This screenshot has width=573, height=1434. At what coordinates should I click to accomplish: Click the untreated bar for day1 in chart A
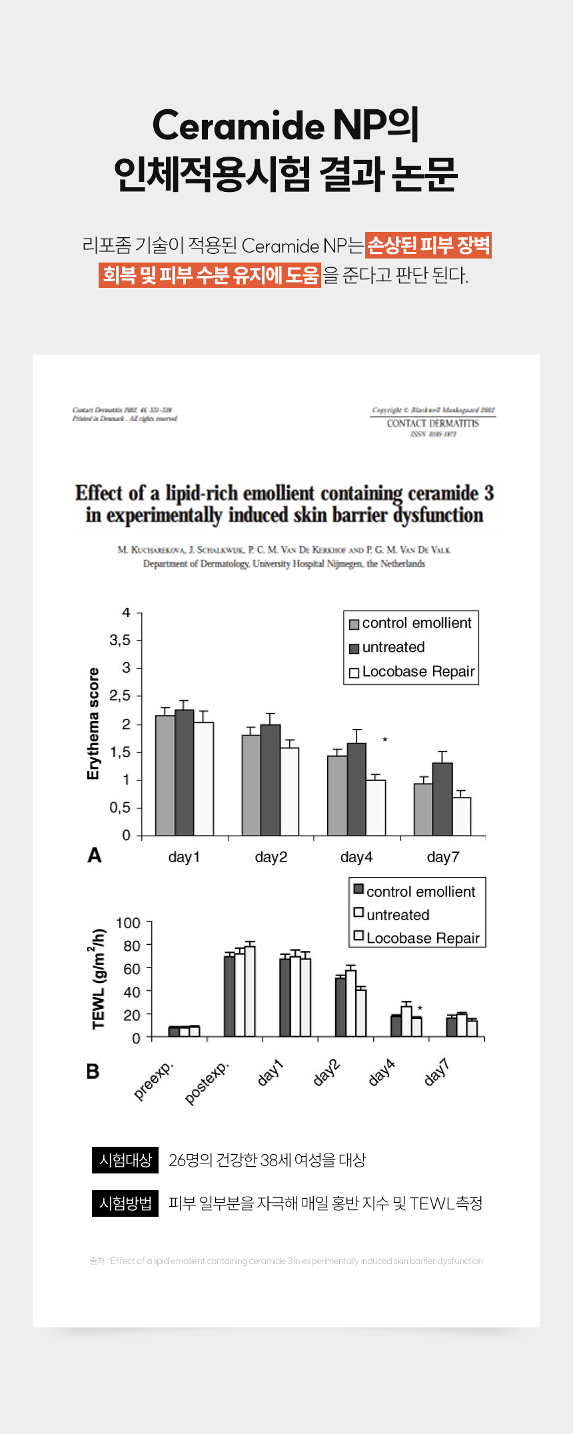click(x=185, y=773)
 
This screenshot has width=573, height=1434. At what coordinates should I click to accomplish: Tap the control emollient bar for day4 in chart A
click(x=337, y=796)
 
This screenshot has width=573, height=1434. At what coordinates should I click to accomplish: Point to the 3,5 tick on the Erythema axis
click(x=121, y=640)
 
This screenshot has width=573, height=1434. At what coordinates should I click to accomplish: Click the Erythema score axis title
click(x=93, y=724)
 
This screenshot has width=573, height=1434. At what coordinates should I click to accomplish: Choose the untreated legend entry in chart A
click(x=393, y=647)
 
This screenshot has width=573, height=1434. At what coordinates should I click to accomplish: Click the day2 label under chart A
click(x=271, y=857)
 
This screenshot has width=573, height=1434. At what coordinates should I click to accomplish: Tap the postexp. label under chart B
click(x=207, y=1082)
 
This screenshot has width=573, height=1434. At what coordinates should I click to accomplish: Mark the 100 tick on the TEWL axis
click(x=128, y=923)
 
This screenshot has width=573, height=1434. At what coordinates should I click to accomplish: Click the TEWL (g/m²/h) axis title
click(x=99, y=978)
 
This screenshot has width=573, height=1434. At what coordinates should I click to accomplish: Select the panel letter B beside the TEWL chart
click(x=93, y=1072)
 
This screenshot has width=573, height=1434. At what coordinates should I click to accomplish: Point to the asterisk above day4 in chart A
click(x=385, y=740)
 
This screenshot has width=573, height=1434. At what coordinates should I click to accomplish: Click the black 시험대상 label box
click(x=125, y=1160)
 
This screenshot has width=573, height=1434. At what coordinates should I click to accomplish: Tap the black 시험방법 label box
click(x=125, y=1203)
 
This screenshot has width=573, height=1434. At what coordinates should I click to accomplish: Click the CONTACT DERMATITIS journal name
click(x=433, y=423)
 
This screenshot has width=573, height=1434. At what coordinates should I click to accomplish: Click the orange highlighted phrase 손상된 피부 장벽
click(x=428, y=245)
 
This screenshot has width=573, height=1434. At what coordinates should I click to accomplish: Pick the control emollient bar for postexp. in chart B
click(x=229, y=996)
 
